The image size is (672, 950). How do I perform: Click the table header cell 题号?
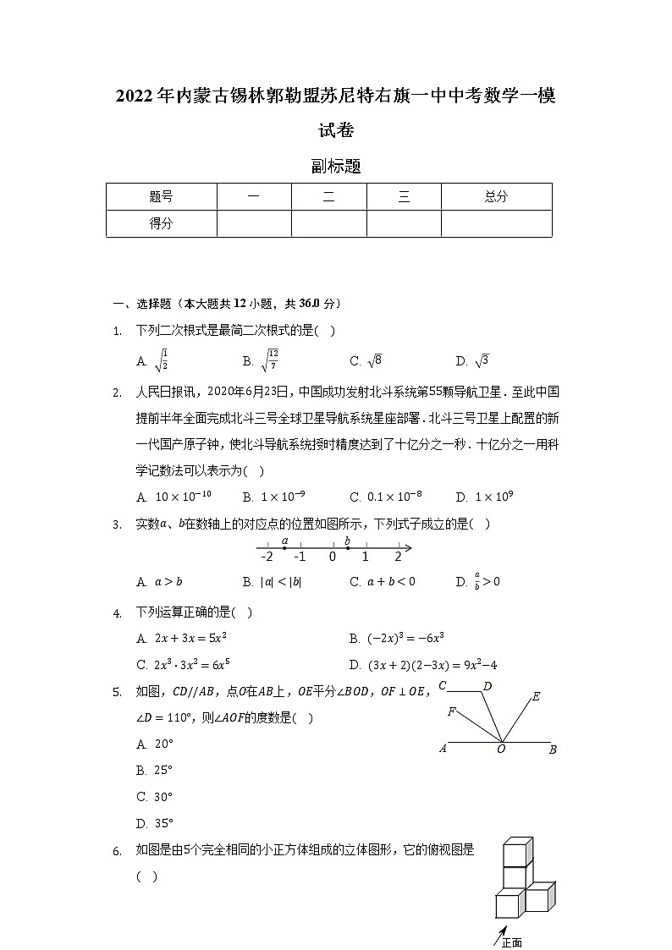(161, 197)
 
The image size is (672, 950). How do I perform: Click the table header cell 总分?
(496, 197)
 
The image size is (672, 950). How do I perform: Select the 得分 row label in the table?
(161, 223)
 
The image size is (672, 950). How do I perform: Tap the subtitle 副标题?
(336, 167)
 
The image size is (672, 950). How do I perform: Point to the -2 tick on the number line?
(267, 557)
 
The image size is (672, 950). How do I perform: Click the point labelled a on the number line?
(284, 547)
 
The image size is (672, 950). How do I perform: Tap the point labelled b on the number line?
(348, 547)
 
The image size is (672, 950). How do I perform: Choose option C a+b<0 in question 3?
(383, 582)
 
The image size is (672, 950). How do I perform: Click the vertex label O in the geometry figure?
(501, 750)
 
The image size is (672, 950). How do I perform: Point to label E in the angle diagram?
(536, 698)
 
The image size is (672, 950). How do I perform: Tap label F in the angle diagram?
(452, 713)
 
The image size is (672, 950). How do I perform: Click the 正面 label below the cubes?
(511, 942)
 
